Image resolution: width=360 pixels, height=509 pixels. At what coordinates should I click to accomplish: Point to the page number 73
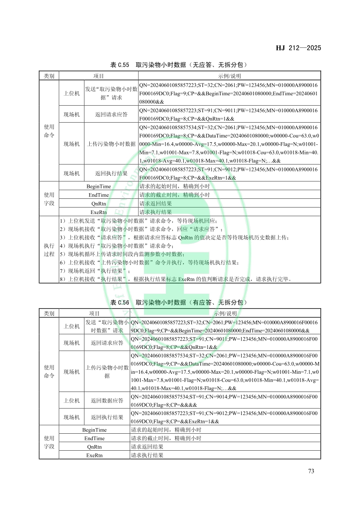click(311, 471)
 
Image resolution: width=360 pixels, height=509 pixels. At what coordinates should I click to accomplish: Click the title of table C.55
click(179, 65)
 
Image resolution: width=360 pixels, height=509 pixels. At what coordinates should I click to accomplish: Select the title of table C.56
click(179, 302)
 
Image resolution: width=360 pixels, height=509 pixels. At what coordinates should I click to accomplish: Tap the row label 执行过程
click(49, 249)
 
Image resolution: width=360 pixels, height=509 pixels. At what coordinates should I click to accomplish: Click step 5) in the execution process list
click(122, 254)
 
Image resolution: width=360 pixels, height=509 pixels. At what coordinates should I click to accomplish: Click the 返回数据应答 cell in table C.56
click(107, 400)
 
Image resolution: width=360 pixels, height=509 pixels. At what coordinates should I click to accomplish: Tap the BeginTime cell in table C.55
click(98, 186)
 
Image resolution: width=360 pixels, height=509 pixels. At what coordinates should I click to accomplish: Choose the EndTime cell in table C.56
click(94, 438)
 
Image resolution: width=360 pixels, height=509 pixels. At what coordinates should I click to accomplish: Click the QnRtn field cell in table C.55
click(98, 203)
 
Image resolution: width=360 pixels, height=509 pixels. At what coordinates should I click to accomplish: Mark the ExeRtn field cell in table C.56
click(94, 455)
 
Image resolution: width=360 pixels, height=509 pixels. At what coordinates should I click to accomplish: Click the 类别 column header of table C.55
click(49, 76)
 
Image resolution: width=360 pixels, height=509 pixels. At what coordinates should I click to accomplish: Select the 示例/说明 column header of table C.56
click(225, 313)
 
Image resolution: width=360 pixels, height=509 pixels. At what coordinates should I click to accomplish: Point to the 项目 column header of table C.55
click(98, 76)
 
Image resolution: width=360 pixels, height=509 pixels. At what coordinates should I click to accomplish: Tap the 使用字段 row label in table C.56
click(49, 442)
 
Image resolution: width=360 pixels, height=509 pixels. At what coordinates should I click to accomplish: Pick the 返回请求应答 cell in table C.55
click(111, 114)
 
